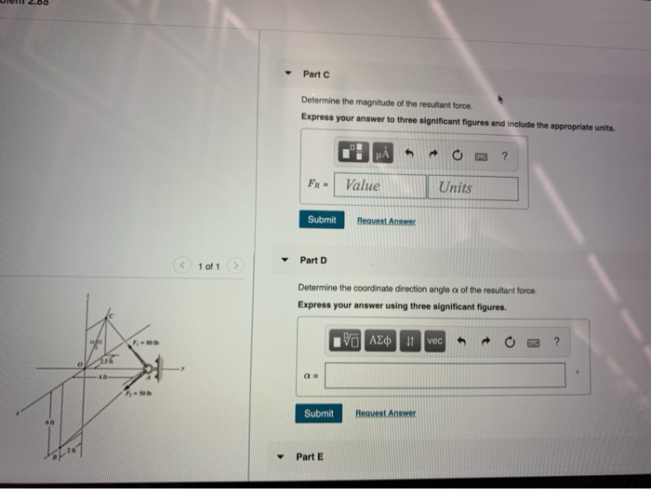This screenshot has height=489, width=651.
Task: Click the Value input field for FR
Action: (x=379, y=186)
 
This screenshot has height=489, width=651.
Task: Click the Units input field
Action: (x=472, y=187)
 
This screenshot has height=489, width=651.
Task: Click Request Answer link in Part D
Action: (x=386, y=413)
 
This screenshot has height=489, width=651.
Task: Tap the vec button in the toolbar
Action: (x=434, y=342)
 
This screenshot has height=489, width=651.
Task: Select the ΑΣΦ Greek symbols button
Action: (x=381, y=342)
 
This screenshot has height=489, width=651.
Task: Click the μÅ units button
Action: (x=384, y=155)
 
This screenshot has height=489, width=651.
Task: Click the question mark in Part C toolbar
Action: (x=503, y=156)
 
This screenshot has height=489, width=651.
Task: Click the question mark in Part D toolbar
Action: (x=556, y=342)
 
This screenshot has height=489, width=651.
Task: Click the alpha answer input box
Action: (x=445, y=375)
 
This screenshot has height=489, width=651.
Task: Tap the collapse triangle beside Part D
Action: (x=285, y=261)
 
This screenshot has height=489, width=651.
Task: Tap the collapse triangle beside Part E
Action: (x=282, y=456)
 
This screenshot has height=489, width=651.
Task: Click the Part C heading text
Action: (x=316, y=74)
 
